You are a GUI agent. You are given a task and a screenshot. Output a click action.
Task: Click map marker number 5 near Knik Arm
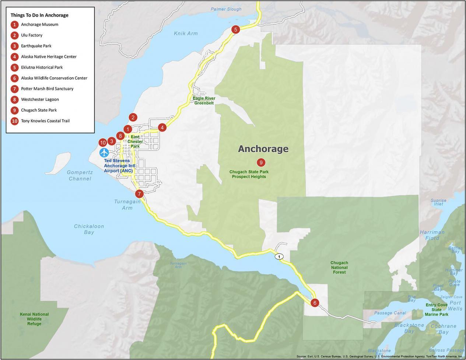click(235, 29)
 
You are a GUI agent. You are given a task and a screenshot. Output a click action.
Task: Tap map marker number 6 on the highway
click(314, 303)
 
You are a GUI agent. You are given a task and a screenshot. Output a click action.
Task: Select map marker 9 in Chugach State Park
click(261, 162)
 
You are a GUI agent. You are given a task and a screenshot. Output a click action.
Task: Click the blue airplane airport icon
click(104, 152)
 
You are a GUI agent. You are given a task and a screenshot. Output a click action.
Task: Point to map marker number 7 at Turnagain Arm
click(139, 193)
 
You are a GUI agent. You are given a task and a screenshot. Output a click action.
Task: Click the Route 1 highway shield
click(279, 256)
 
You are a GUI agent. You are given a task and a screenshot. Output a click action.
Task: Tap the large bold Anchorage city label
click(263, 149)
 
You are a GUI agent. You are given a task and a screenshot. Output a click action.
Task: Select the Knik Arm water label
click(186, 33)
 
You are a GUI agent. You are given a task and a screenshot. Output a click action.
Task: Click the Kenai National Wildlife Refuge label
click(34, 319)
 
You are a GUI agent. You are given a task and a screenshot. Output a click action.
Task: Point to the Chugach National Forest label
click(339, 268)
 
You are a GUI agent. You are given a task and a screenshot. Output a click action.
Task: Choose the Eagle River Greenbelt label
click(204, 101)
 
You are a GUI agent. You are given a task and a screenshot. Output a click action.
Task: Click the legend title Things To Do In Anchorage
click(39, 15)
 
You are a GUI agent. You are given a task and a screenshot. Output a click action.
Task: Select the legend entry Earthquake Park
click(36, 46)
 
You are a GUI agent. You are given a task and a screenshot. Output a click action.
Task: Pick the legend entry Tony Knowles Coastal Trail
click(45, 121)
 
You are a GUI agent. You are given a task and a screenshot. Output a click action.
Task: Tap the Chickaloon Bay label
click(89, 229)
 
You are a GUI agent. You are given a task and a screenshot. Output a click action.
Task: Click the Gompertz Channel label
click(80, 175)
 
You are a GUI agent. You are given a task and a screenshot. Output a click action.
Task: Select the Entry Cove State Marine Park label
click(437, 310)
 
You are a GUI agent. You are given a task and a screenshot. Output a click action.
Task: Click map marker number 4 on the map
click(162, 127)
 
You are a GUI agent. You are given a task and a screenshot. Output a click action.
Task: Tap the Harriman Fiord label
click(432, 235)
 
